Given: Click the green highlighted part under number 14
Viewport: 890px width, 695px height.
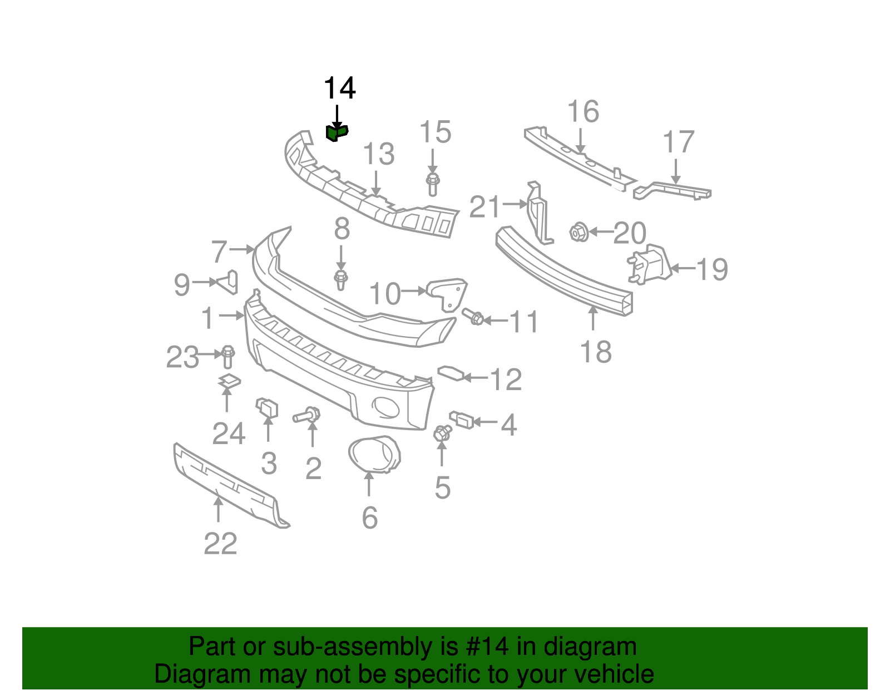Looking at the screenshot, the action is [x=337, y=133].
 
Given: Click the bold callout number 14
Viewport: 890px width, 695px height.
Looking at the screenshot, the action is [x=339, y=88].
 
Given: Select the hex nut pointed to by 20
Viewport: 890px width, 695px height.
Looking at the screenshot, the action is [x=578, y=232].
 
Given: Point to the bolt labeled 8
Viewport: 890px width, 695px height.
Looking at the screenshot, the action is [x=341, y=280].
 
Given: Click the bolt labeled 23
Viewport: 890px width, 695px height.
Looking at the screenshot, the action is [x=228, y=357].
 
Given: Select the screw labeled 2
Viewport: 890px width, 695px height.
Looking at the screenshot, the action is [x=306, y=416].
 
